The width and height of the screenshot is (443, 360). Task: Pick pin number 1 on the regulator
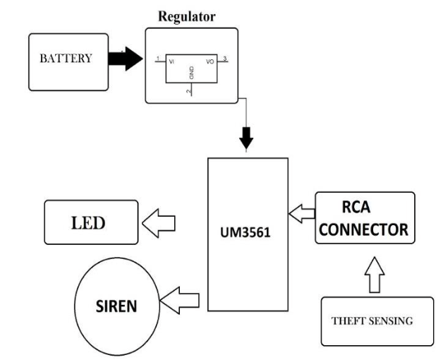click(x=159, y=59)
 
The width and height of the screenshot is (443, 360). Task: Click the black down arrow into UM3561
click(x=246, y=138)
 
